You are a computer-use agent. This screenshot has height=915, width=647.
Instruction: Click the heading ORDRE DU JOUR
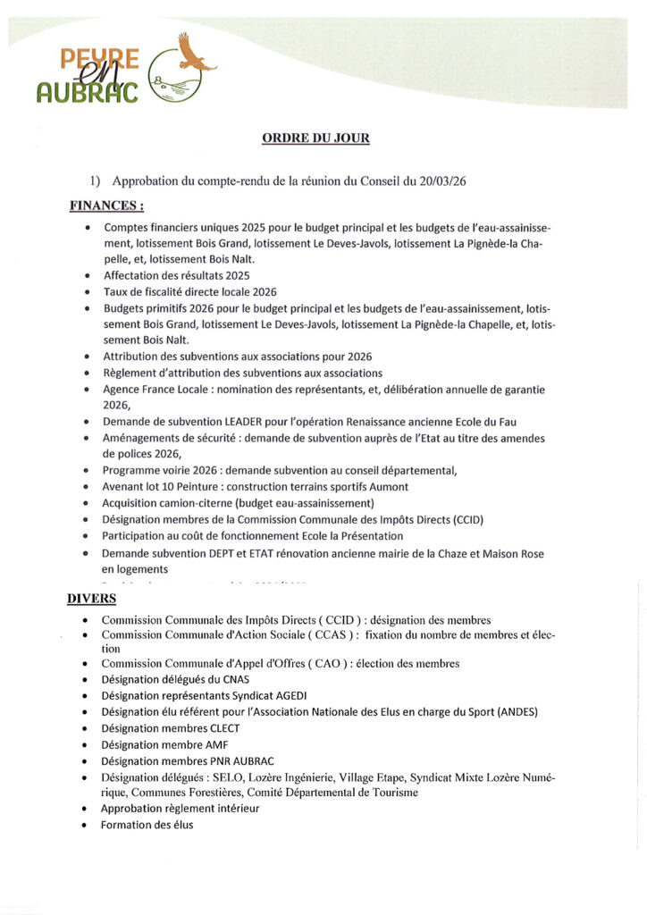pos(315,139)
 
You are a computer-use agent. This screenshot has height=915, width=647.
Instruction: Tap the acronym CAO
pos(320,664)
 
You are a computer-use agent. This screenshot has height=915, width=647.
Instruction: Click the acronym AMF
pos(214,744)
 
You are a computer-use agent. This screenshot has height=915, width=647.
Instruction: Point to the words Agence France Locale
pos(158,390)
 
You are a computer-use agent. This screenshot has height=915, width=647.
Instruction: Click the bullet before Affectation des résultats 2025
pos(87,276)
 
